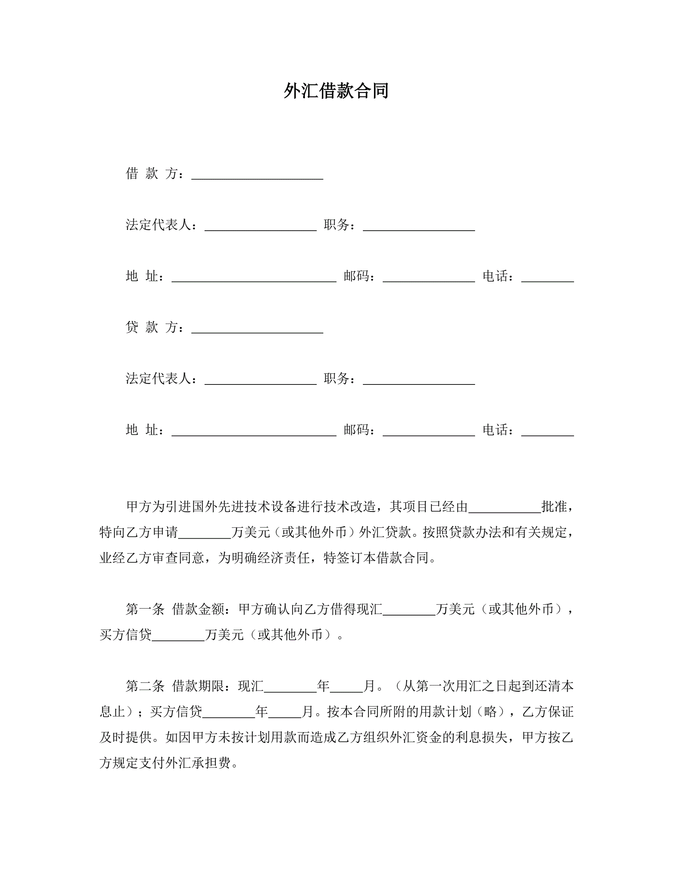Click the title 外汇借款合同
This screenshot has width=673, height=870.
pyautogui.click(x=336, y=91)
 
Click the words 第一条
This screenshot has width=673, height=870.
pyautogui.click(x=145, y=609)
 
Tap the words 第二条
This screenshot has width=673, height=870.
pyautogui.click(x=145, y=686)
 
